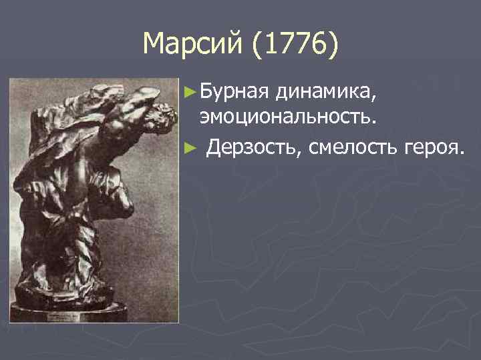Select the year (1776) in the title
tap(291, 45)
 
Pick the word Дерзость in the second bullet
tap(254, 146)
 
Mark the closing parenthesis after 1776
tap(335, 47)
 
